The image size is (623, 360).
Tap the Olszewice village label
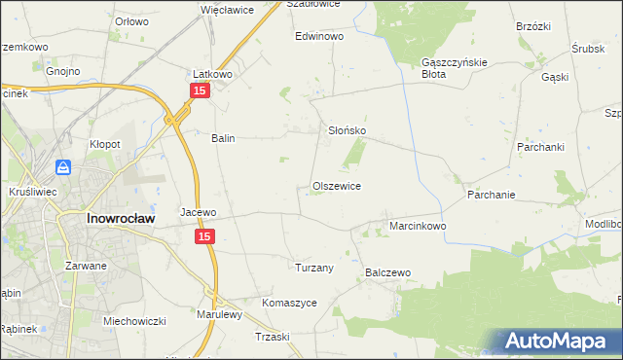click(x=337, y=185)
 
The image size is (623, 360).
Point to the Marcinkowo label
click(x=418, y=226)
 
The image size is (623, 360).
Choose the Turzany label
click(x=314, y=267)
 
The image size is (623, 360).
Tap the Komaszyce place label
click(x=289, y=303)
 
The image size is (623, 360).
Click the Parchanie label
click(x=491, y=195)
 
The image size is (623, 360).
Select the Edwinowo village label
click(x=320, y=36)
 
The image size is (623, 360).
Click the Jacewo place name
click(x=198, y=211)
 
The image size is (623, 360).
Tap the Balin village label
click(x=224, y=138)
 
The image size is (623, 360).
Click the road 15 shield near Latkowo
click(x=199, y=90)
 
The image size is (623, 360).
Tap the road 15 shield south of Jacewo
click(x=203, y=236)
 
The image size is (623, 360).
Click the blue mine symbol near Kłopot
click(x=63, y=167)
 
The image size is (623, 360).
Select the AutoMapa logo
click(x=561, y=341)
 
